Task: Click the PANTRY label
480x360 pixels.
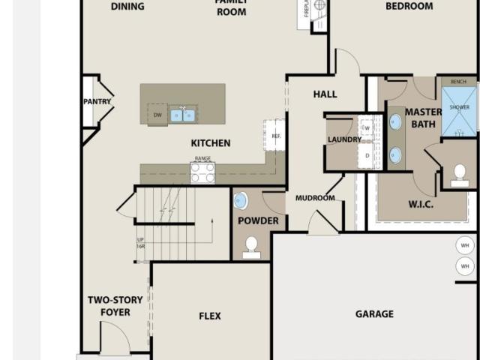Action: click(97, 101)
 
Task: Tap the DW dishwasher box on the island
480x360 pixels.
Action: click(157, 115)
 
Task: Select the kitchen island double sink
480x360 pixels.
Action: click(182, 115)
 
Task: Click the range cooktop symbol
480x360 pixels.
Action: click(202, 172)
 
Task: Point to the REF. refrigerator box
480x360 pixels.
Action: click(274, 135)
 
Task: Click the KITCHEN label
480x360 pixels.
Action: click(211, 143)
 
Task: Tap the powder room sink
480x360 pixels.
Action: click(241, 201)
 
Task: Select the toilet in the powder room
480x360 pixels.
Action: click(252, 246)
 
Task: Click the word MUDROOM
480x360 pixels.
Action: click(315, 198)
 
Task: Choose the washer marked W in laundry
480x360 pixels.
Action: click(367, 128)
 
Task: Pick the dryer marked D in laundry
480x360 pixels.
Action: click(367, 155)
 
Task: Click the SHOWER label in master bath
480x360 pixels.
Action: click(459, 108)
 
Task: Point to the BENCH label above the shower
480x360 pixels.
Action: click(458, 81)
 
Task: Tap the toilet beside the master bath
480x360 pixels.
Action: click(460, 175)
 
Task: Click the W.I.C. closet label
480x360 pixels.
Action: click(423, 204)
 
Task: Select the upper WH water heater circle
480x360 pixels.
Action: click(465, 245)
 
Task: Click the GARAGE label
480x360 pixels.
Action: click(374, 314)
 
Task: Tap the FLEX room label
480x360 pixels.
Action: click(210, 316)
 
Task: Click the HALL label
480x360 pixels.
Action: click(325, 94)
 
